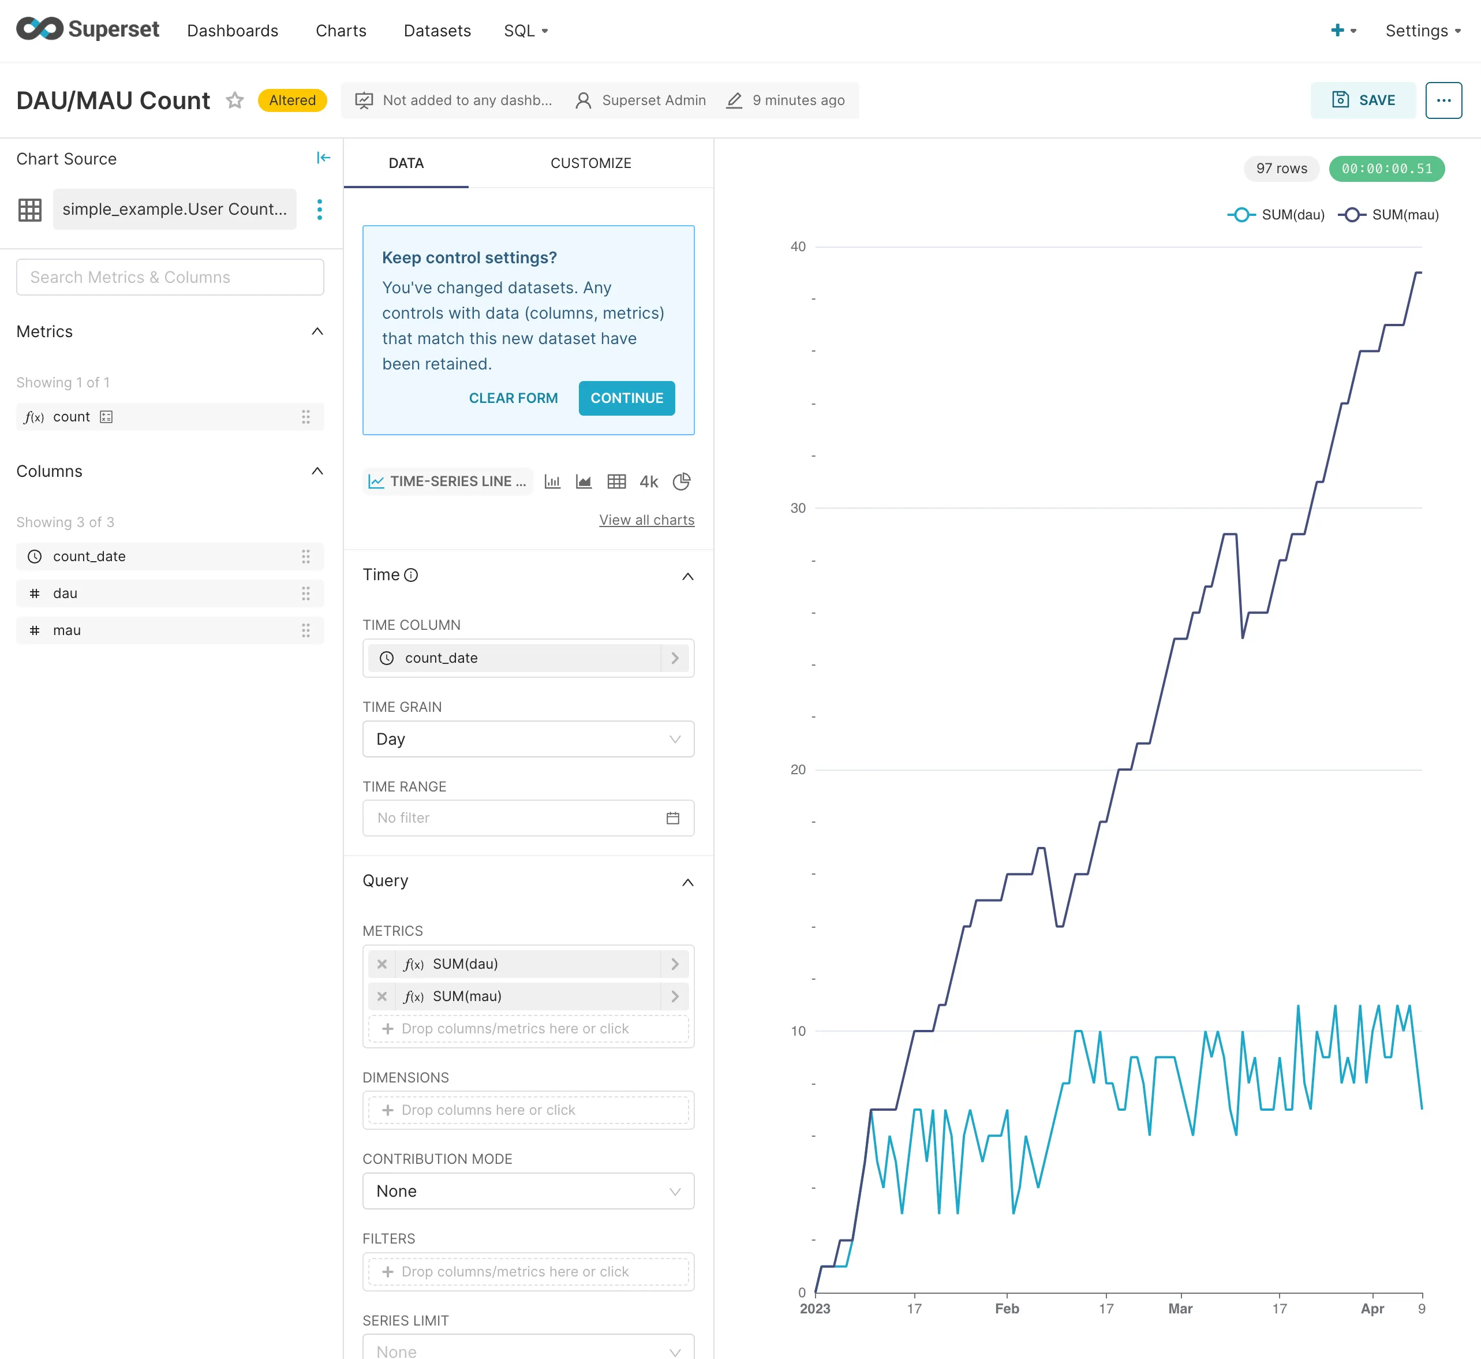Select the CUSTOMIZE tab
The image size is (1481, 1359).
click(590, 163)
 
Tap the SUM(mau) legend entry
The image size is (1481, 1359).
click(1389, 215)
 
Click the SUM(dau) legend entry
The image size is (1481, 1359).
click(1277, 215)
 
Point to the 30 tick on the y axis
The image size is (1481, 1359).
click(798, 508)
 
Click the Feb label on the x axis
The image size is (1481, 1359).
click(1007, 1308)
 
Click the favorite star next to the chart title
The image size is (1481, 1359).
click(234, 100)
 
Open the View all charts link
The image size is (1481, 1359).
click(646, 520)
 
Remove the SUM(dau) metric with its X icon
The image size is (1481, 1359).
click(382, 964)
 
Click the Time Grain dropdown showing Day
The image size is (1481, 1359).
click(528, 739)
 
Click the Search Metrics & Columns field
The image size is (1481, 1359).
click(170, 277)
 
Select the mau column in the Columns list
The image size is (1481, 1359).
click(67, 630)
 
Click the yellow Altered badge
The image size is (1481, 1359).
click(292, 100)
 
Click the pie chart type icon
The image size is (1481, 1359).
click(682, 481)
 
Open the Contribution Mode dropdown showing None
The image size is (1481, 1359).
click(528, 1192)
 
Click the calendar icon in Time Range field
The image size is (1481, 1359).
click(673, 817)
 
